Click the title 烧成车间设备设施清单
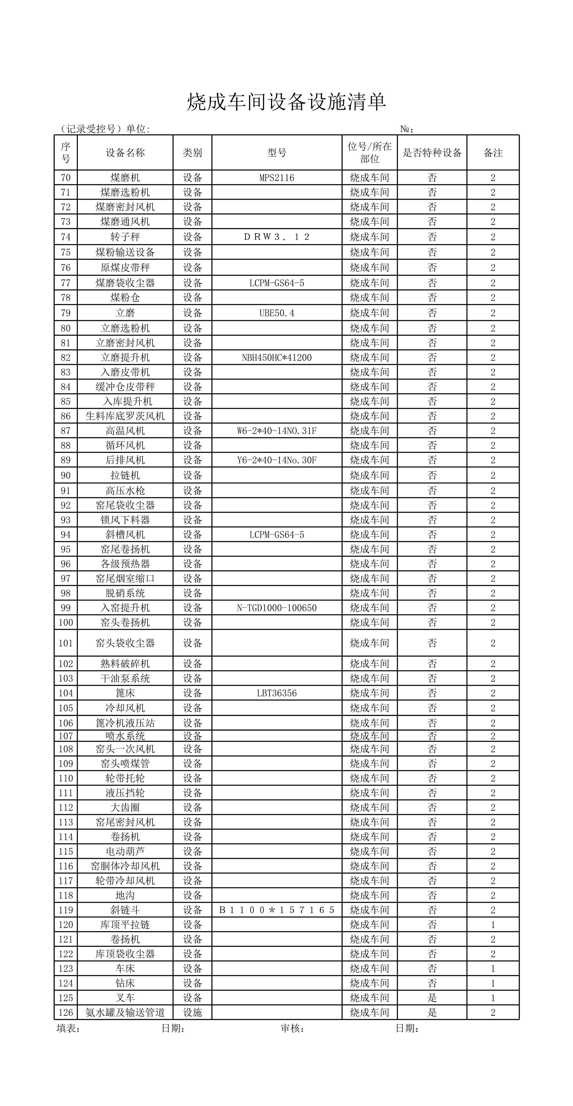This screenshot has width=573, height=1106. click(x=287, y=102)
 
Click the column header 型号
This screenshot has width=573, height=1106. click(x=277, y=153)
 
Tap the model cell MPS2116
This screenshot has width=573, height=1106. click(x=277, y=178)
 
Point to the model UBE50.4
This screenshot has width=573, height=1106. click(x=277, y=313)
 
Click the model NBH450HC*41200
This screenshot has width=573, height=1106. click(x=277, y=358)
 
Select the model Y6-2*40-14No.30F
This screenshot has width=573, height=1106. click(x=277, y=460)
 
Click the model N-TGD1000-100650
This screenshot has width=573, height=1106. click(x=277, y=608)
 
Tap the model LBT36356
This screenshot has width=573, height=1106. click(x=277, y=693)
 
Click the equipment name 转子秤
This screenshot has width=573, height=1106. click(x=125, y=237)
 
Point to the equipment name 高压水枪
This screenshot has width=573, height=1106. click(x=125, y=491)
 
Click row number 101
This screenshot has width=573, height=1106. click(x=66, y=643)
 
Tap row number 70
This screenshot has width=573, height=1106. click(x=66, y=178)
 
